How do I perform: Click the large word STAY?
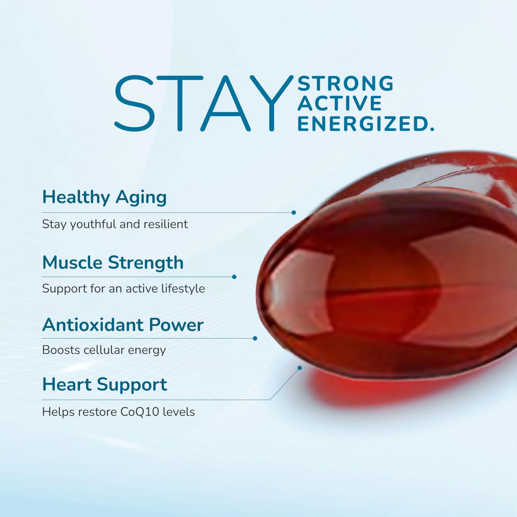point(204,103)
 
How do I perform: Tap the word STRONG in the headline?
point(346,83)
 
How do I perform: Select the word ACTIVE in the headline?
point(340,103)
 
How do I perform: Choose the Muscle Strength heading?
point(113,263)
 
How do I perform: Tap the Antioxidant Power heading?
point(123,325)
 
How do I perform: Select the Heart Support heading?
point(105,385)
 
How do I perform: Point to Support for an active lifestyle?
point(124,289)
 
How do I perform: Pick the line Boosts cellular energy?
point(104,350)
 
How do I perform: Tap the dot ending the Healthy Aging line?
point(294,212)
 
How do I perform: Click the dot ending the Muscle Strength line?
point(234,277)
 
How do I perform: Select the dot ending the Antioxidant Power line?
point(255,338)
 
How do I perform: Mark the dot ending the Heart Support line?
point(300,368)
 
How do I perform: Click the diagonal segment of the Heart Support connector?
point(285,384)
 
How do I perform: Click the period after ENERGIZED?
point(432,129)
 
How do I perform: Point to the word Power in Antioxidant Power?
point(176,325)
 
